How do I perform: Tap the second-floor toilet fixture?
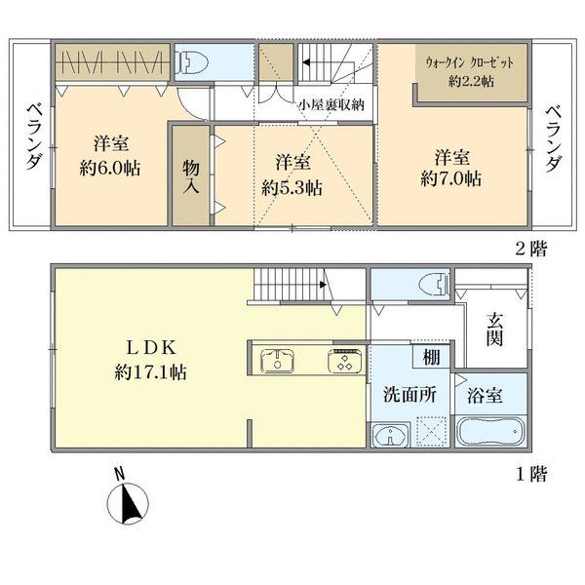(x=192, y=62)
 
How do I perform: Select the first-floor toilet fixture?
(x=434, y=285)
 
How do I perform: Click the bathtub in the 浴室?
(x=491, y=431)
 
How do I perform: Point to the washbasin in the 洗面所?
(x=390, y=435)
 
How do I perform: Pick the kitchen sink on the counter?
(x=277, y=361)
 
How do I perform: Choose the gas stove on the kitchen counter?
(x=345, y=361)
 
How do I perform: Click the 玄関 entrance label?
(x=494, y=330)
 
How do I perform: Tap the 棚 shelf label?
(x=431, y=357)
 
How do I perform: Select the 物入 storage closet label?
(x=191, y=177)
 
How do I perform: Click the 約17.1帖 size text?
(x=150, y=372)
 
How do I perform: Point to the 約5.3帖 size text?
(x=292, y=187)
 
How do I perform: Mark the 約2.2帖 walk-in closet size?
(x=471, y=81)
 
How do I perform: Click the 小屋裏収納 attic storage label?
(x=331, y=105)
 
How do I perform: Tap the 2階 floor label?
(x=531, y=249)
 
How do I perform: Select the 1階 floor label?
(x=531, y=474)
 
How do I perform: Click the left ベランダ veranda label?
(x=34, y=136)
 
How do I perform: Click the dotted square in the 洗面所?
(x=431, y=431)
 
